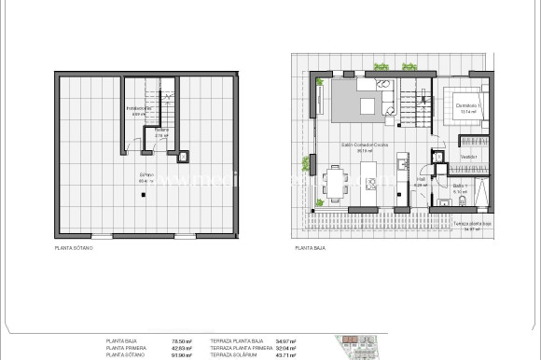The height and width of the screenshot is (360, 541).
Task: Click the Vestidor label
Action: pyautogui.click(x=469, y=157)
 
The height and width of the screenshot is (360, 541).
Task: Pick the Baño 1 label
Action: pyautogui.click(x=459, y=187)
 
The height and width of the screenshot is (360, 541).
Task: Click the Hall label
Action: pyautogui.click(x=421, y=179)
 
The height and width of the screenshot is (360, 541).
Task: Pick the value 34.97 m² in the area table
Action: pyautogui.click(x=287, y=342)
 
